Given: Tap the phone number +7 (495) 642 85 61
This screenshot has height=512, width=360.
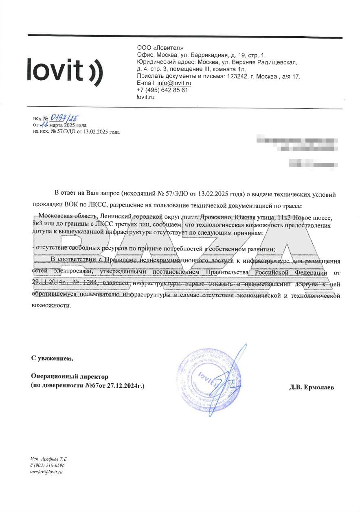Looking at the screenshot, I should pyautogui.click(x=162, y=90).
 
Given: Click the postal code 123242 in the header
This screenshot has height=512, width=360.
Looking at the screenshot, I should pyautogui.click(x=237, y=76).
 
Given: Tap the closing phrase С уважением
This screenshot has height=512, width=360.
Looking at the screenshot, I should pyautogui.click(x=53, y=358).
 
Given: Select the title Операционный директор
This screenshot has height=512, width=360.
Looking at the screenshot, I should pyautogui.click(x=70, y=376).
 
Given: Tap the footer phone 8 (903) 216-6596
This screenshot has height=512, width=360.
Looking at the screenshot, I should pyautogui.click(x=47, y=465).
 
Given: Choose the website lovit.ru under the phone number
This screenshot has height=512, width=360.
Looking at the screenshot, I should pyautogui.click(x=145, y=97).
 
